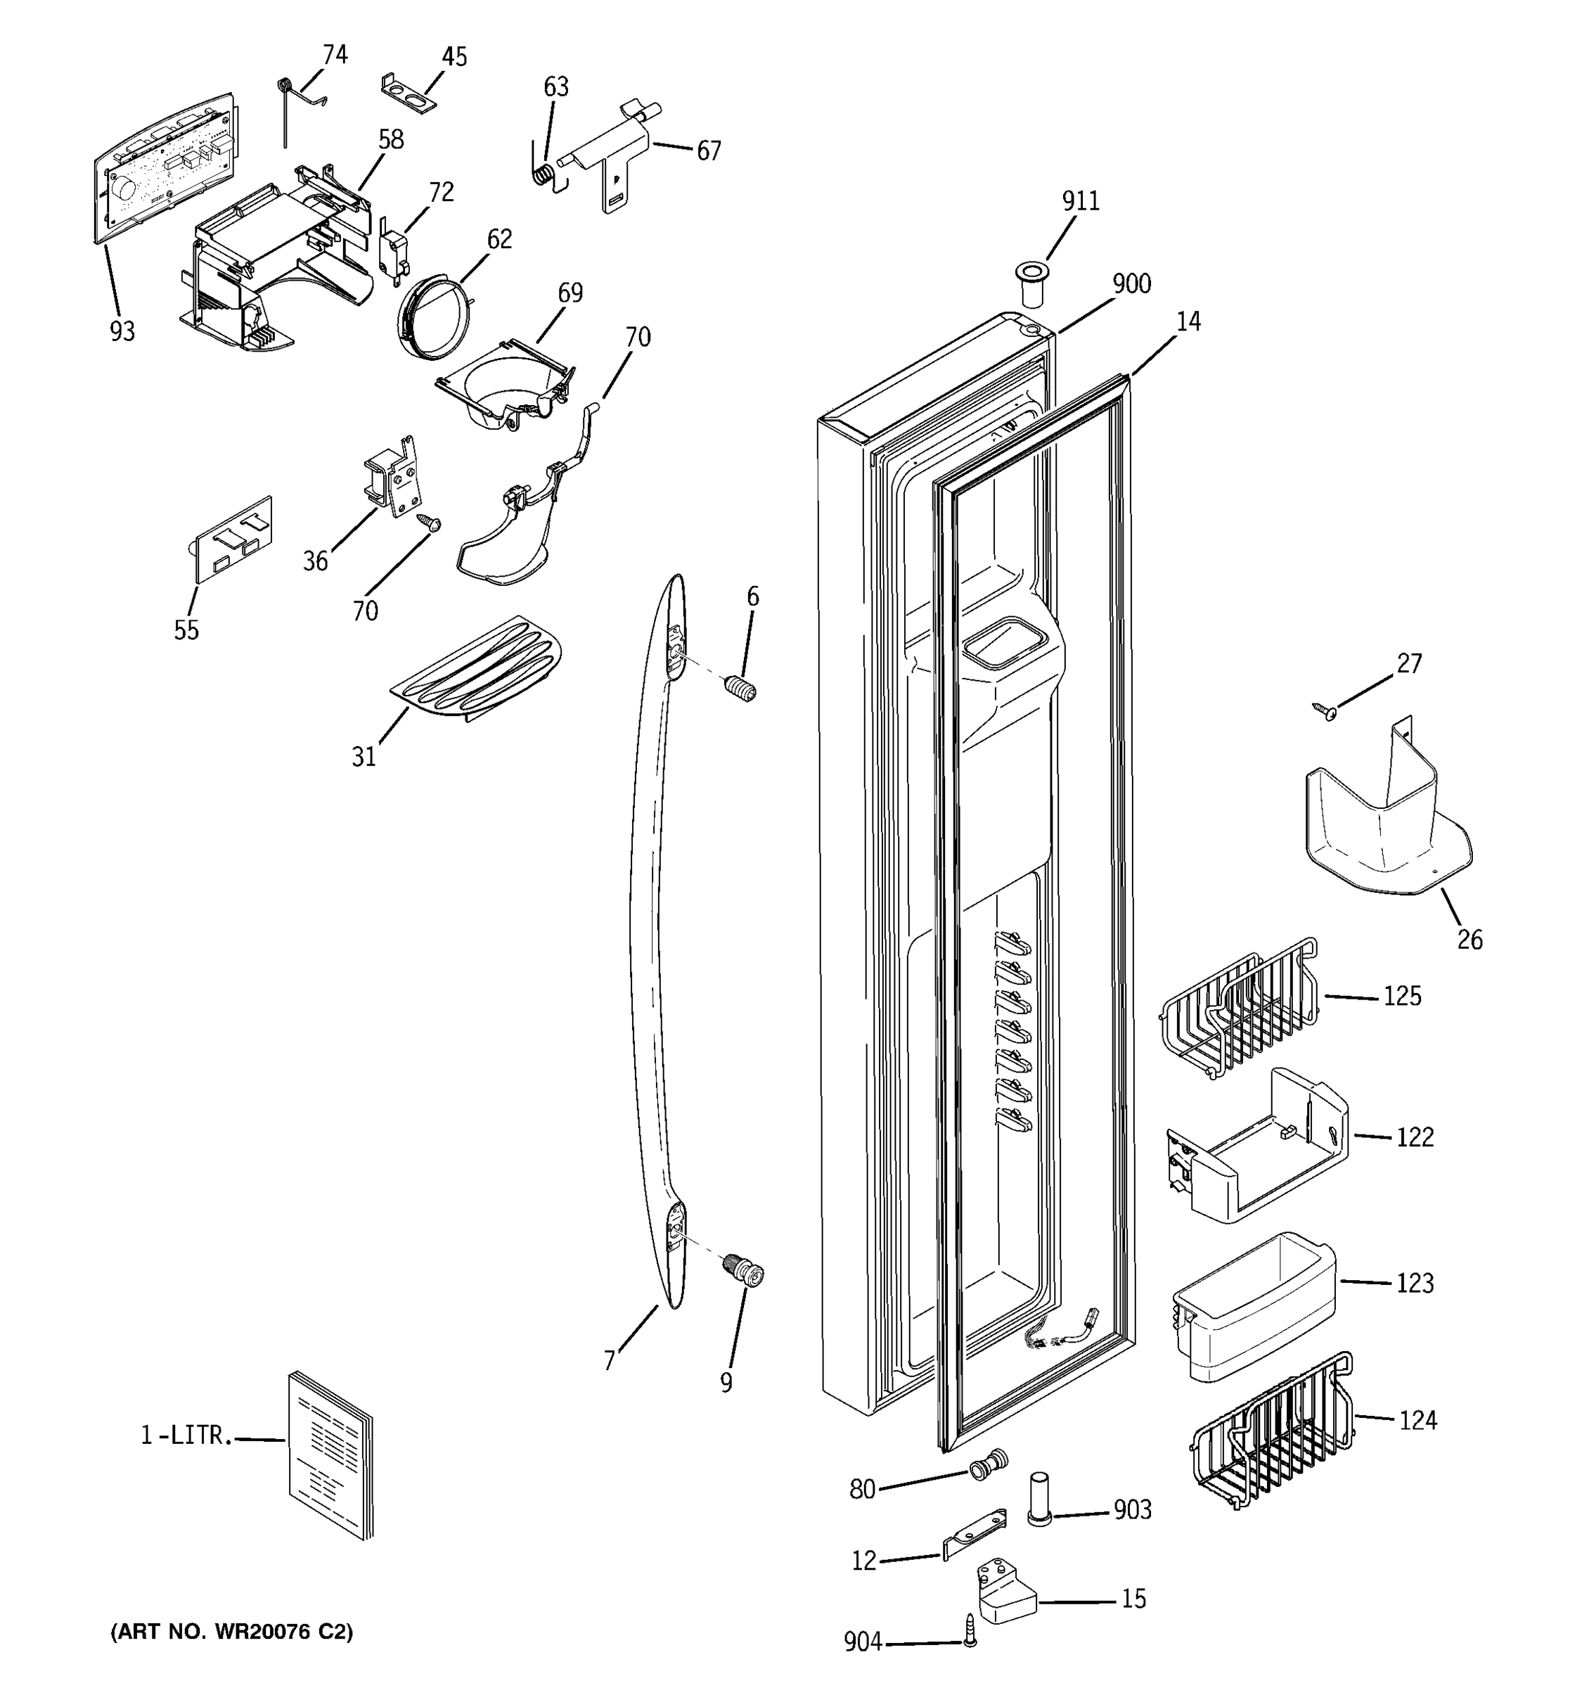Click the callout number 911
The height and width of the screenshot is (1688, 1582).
point(1081,201)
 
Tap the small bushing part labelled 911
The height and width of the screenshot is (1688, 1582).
point(1031,283)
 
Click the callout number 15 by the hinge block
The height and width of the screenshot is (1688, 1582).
point(1134,1599)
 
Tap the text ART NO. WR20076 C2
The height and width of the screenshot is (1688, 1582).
point(231,1632)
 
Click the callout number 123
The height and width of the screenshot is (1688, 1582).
point(1415,1283)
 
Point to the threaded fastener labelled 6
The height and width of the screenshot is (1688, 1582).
point(741,686)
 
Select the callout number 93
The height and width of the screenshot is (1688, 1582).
point(122,332)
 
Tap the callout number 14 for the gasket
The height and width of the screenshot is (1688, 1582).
point(1188,322)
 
